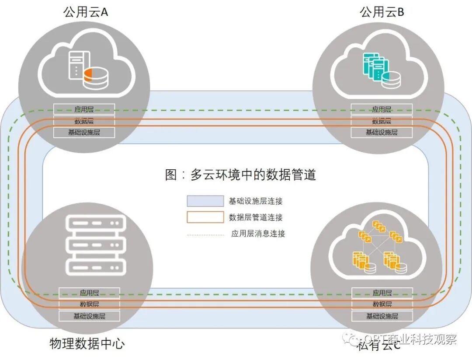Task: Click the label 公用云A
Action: click(x=86, y=12)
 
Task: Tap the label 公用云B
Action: click(x=382, y=12)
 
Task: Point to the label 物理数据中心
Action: click(x=87, y=343)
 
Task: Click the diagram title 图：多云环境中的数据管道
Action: click(x=240, y=175)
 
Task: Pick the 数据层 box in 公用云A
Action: click(x=84, y=121)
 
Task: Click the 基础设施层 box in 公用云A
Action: click(x=84, y=132)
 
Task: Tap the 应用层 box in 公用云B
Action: click(x=382, y=109)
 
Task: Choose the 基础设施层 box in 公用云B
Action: click(x=382, y=132)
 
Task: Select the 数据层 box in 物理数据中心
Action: click(x=89, y=304)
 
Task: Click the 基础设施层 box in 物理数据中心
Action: click(x=89, y=315)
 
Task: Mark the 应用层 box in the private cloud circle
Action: click(x=382, y=293)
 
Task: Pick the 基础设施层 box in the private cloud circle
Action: click(x=382, y=315)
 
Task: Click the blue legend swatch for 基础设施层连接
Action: click(x=205, y=201)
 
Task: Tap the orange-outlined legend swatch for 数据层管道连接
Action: click(x=205, y=217)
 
